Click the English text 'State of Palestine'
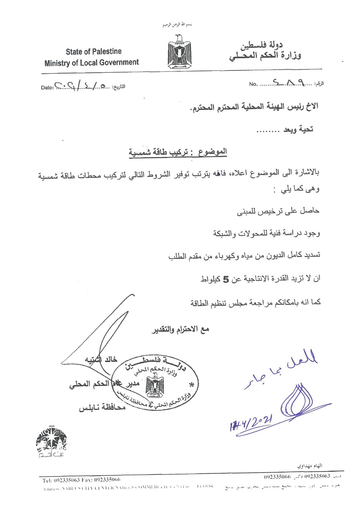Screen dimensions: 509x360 pyautogui.click(x=93, y=51)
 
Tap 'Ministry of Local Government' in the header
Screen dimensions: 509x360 pyautogui.click(x=92, y=62)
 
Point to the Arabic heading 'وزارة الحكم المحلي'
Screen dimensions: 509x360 pyautogui.click(x=265, y=56)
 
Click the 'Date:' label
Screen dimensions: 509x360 pyautogui.click(x=47, y=88)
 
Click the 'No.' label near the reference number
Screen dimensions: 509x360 pyautogui.click(x=253, y=84)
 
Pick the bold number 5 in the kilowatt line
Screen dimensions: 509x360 pyautogui.click(x=226, y=280)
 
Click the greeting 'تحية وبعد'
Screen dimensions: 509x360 pyautogui.click(x=298, y=129)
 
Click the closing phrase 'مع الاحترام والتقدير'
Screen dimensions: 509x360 pyautogui.click(x=181, y=329)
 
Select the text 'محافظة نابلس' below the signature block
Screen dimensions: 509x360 pyautogui.click(x=102, y=408)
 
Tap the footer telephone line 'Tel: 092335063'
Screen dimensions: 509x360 pyautogui.click(x=61, y=480)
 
